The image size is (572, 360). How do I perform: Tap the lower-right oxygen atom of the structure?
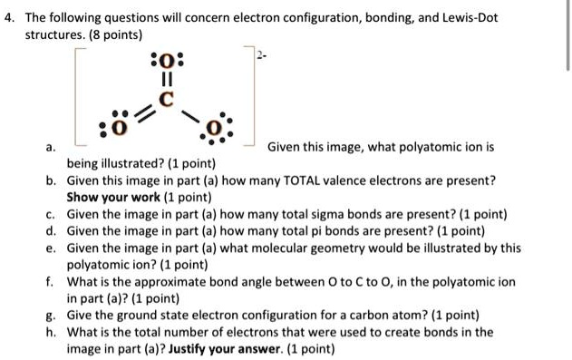(x=214, y=126)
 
